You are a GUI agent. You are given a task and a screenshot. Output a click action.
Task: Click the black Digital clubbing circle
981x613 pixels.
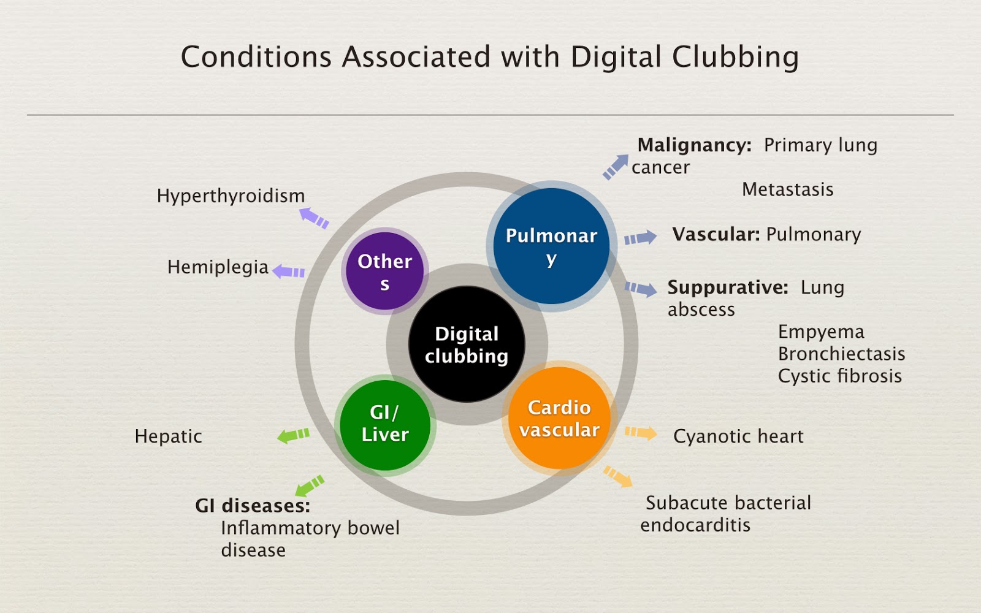[x=467, y=345]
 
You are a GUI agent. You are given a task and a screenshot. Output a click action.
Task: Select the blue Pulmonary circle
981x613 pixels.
[x=551, y=246]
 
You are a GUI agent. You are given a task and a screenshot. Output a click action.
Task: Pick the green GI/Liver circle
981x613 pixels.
[x=385, y=424]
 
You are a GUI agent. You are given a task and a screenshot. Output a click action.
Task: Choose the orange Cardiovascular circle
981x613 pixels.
[x=559, y=419]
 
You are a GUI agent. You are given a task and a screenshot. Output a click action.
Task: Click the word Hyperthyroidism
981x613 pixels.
[x=231, y=196]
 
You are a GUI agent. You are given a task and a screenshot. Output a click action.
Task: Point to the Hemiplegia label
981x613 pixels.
[x=218, y=267]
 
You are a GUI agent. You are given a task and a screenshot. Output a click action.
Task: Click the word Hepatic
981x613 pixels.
[x=168, y=436]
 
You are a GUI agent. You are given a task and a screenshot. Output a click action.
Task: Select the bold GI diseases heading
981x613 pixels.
[x=253, y=506]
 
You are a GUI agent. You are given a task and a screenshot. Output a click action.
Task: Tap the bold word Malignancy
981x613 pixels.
[x=694, y=145]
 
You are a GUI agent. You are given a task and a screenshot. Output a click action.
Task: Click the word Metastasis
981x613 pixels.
[x=787, y=189]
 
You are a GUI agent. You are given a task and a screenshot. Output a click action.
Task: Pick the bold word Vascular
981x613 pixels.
[x=716, y=234]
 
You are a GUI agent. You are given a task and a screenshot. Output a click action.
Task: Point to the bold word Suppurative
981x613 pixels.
[x=728, y=287]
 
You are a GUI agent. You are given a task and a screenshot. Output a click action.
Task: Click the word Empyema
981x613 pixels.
[x=821, y=332]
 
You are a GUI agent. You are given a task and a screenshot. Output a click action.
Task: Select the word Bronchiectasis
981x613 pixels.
[x=841, y=354]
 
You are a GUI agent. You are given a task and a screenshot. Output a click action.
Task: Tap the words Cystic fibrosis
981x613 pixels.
[x=839, y=376]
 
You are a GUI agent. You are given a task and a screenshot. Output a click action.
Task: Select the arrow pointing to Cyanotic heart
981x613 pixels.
[x=641, y=433]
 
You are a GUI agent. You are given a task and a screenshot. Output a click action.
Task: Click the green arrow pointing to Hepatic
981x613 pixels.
[x=294, y=435]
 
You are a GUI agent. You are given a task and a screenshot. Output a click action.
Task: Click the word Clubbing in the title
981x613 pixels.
[x=735, y=58]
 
